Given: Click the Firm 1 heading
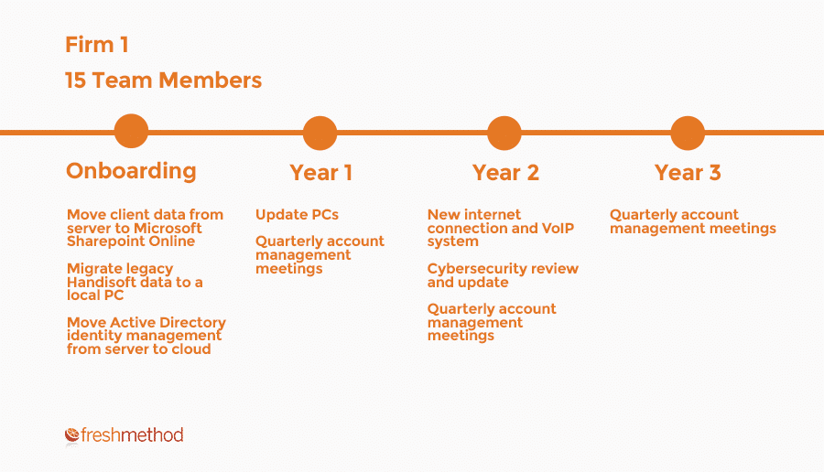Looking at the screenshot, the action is tap(97, 45).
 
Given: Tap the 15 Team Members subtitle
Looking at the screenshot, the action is tap(164, 80).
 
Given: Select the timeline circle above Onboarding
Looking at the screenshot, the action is tap(131, 131).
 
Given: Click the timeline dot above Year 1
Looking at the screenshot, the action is tap(320, 133).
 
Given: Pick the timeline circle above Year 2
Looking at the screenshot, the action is tap(504, 133).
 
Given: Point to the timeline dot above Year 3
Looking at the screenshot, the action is tap(688, 133).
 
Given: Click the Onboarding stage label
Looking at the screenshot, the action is tap(131, 172).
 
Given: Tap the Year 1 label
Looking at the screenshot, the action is tap(320, 173).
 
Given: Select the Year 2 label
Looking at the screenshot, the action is tap(505, 173).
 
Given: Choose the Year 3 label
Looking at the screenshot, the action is tap(688, 173).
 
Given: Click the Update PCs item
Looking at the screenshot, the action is tap(297, 215).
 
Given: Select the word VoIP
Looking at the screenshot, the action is tap(558, 229).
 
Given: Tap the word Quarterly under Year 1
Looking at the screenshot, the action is tap(286, 241).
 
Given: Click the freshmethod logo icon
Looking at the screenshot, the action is tap(72, 434).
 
